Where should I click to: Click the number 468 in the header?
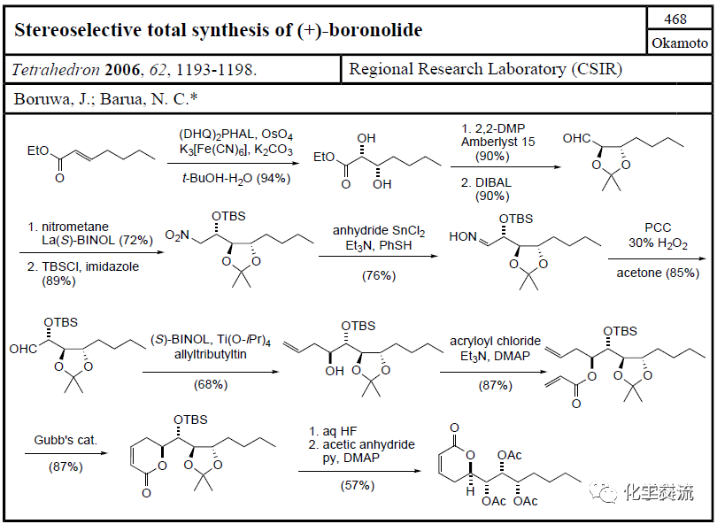click(675, 19)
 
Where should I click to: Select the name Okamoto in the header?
click(680, 43)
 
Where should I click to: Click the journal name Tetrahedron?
click(56, 70)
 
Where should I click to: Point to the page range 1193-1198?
click(216, 70)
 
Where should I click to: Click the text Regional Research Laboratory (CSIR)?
click(486, 69)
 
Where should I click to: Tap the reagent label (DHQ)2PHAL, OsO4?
click(236, 135)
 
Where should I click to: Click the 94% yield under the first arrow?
click(273, 178)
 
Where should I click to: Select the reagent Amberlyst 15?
click(498, 142)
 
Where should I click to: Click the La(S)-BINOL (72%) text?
click(97, 240)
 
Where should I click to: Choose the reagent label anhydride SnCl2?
click(379, 231)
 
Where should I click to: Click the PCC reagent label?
click(658, 227)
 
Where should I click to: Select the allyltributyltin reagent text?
click(211, 354)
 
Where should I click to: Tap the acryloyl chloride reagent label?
click(495, 341)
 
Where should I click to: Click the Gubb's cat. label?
click(66, 440)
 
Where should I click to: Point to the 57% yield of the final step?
click(358, 485)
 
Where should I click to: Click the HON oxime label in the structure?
click(463, 236)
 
